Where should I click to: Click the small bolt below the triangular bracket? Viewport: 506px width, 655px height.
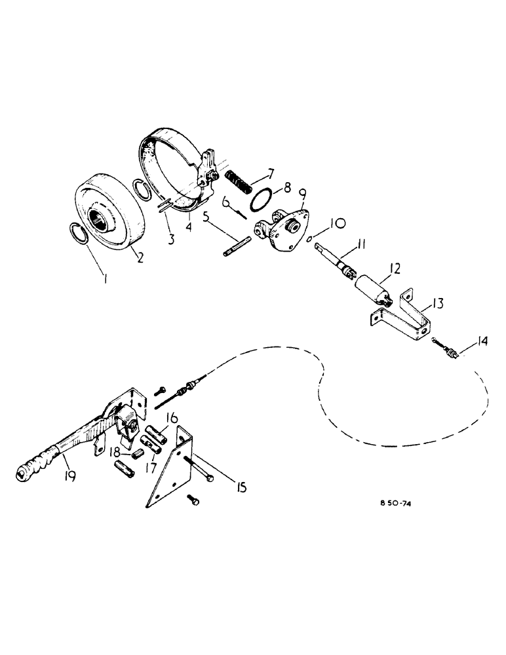(x=194, y=501)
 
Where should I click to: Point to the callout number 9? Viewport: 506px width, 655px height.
(x=303, y=195)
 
